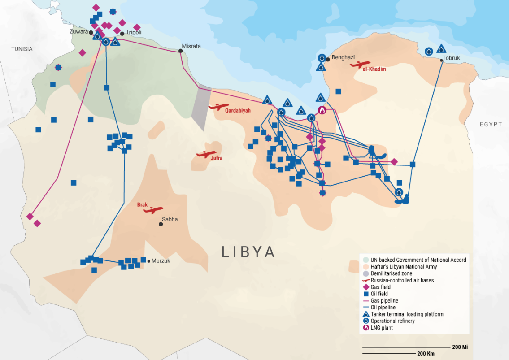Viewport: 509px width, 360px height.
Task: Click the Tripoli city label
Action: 133,33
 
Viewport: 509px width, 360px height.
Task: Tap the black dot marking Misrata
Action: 181,51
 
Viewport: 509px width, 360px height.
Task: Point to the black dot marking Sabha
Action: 161,224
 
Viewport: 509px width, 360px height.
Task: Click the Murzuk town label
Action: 161,261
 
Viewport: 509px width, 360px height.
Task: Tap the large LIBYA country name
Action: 248,252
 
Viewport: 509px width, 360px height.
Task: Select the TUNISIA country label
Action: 22,49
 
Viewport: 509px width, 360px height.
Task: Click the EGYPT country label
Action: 491,124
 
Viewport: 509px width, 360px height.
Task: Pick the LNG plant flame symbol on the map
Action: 322,110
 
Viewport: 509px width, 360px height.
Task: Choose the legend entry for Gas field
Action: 380,287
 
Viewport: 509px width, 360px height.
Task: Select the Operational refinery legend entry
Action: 392,321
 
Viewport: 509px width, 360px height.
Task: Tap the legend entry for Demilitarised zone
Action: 391,273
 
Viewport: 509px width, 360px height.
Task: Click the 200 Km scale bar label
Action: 426,354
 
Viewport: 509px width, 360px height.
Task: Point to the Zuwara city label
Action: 79,32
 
